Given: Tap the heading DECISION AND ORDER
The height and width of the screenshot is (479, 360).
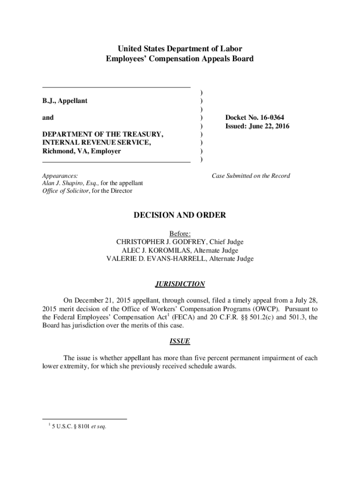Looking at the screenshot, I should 180,215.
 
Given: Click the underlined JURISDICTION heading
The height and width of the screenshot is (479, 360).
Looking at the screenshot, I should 180,284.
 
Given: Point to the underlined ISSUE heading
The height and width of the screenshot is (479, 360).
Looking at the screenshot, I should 180,341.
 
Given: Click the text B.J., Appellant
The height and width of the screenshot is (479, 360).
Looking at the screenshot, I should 65,101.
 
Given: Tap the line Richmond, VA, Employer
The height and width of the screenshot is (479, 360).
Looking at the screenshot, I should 81,151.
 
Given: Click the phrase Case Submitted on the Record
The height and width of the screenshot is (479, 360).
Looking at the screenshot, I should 251,176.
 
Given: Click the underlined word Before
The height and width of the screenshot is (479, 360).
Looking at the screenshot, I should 180,233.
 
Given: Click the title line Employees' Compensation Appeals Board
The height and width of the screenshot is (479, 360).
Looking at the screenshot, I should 180,59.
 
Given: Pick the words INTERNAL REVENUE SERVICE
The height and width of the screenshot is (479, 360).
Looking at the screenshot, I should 96,143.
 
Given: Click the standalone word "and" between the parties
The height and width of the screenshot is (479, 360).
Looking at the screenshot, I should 48,118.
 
